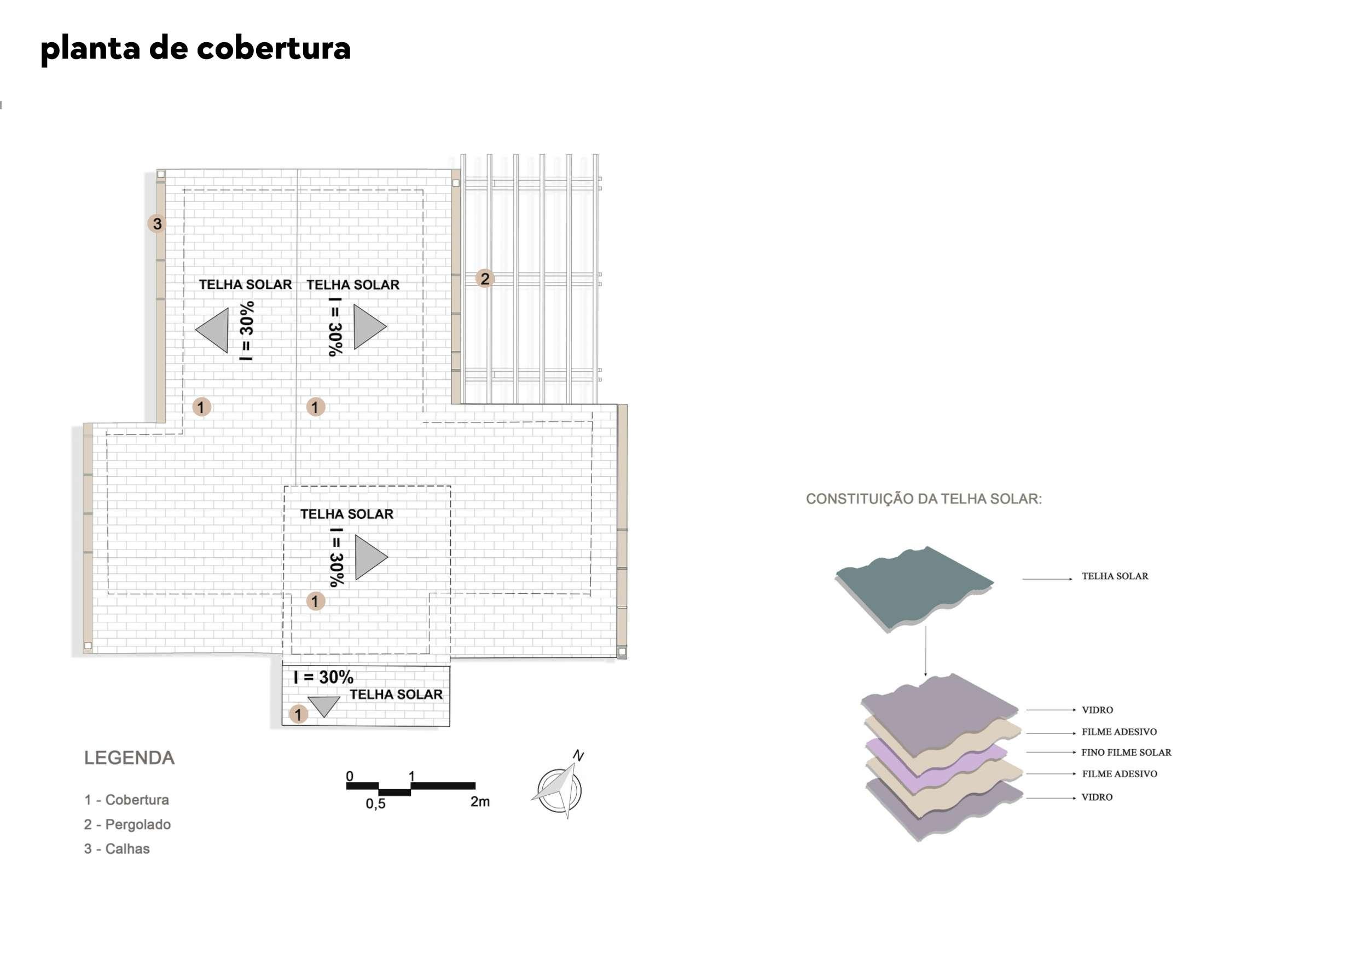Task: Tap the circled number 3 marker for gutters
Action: click(x=156, y=223)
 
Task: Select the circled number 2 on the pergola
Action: click(x=485, y=279)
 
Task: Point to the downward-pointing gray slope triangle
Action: click(x=324, y=705)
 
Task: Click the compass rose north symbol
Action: click(x=559, y=789)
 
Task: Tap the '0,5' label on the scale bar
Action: click(x=375, y=803)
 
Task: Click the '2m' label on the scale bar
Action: click(x=480, y=802)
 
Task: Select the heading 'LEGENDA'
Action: click(x=129, y=758)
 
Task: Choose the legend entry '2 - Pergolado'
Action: click(x=127, y=824)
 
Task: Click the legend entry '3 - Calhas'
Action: click(x=117, y=849)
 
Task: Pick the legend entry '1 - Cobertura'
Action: click(x=126, y=800)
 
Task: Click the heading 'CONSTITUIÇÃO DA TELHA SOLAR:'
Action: click(x=923, y=499)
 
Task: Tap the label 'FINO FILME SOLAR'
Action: click(x=1126, y=753)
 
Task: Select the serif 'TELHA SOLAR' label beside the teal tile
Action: click(x=1115, y=576)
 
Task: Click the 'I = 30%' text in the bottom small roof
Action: click(x=323, y=677)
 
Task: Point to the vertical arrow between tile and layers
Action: click(x=925, y=651)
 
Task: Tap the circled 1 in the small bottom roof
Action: click(x=298, y=714)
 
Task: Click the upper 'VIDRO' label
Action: click(x=1097, y=710)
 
